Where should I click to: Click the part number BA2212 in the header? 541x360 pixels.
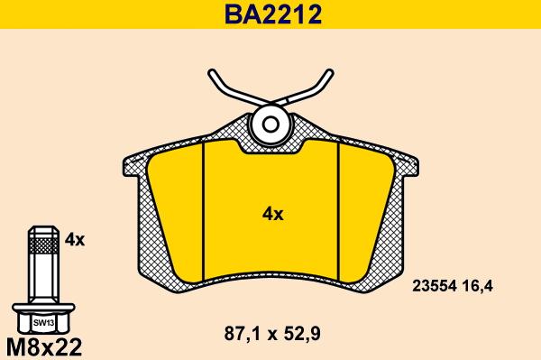coord(273,14)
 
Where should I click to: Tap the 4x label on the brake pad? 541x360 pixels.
coord(272,215)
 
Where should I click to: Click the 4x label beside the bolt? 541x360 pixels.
coord(75,239)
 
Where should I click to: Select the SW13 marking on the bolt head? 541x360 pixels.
coord(43,323)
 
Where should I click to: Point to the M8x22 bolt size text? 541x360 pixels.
coord(44,346)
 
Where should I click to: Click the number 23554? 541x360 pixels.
coord(435,286)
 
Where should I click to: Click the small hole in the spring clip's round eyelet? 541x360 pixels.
coord(270,124)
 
